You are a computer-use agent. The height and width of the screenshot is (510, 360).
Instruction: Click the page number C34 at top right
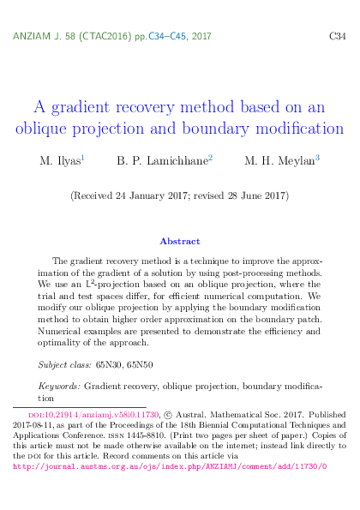[x=337, y=37]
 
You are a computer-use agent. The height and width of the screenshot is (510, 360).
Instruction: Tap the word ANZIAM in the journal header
[x=33, y=37]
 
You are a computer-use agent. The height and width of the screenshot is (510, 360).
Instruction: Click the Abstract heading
[x=180, y=241]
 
